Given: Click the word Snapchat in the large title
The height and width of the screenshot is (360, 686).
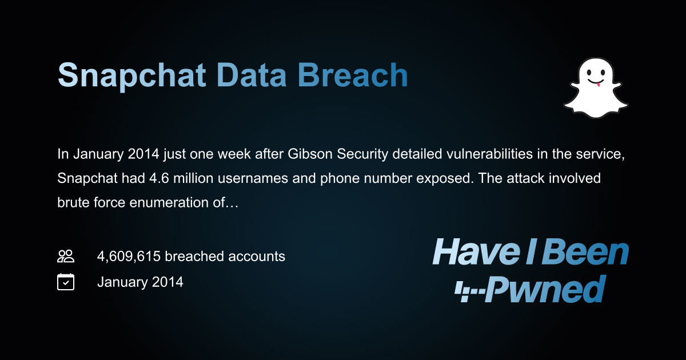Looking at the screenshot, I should tap(131, 75).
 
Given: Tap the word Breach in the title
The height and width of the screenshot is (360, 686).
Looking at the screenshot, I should tap(352, 75).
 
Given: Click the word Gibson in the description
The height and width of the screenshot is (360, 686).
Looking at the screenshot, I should tap(288, 154).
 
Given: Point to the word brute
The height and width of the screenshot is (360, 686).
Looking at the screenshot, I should tap(71, 202).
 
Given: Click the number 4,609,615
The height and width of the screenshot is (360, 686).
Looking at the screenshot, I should tap(129, 256).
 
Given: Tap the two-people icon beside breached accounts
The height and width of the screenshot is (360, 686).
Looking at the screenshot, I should tap(66, 256).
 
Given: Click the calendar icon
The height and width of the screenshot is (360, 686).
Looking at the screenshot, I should tap(66, 282).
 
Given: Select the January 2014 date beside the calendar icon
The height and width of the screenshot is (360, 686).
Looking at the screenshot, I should tap(140, 282).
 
